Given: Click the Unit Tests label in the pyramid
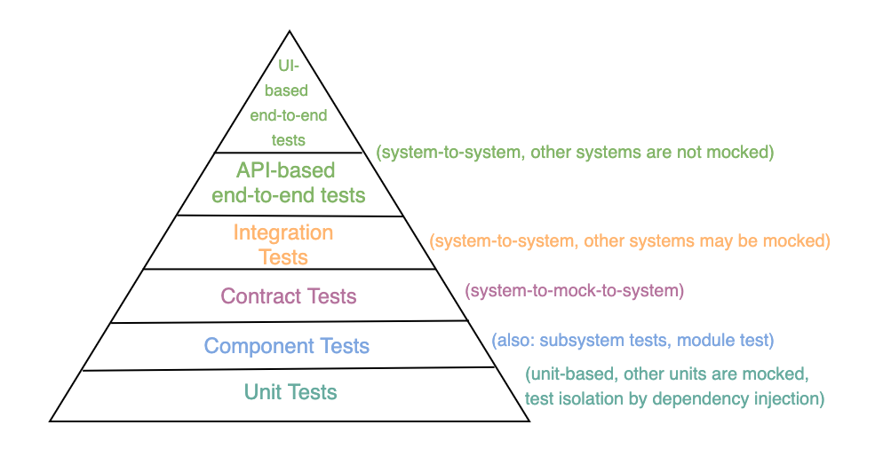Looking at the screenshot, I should point(290,392).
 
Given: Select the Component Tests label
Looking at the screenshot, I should point(286,346).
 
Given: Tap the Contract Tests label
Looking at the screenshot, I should point(288,296).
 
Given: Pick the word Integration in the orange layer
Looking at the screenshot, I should point(283,233).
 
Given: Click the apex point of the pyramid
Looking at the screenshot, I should point(290,32).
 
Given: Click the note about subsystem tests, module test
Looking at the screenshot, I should point(632,340).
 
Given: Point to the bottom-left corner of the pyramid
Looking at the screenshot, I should point(51,420).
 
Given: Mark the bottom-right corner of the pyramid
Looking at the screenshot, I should point(529,420).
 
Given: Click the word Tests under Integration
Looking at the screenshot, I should point(283,257).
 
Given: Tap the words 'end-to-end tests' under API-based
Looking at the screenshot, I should point(288,194).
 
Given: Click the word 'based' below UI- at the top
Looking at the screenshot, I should point(290,90).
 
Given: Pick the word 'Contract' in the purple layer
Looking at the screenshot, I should point(259,296).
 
